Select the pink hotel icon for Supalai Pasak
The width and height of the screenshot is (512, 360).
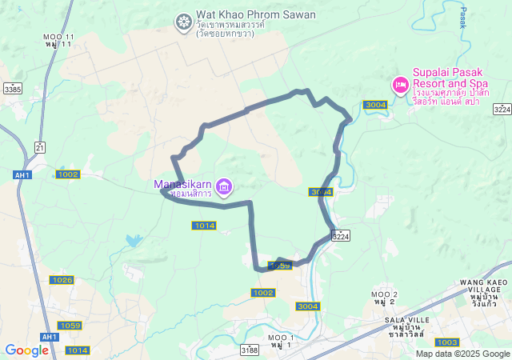click(x=399, y=84)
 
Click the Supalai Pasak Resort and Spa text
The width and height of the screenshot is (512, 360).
click(x=450, y=77)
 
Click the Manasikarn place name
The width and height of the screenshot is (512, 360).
click(x=183, y=185)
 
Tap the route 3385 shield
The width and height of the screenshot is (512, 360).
click(x=12, y=89)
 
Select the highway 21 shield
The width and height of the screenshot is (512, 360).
click(x=40, y=147)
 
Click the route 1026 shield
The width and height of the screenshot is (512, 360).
click(x=62, y=279)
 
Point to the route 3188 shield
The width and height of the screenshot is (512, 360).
click(x=250, y=350)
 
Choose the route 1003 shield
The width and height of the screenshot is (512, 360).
click(x=448, y=342)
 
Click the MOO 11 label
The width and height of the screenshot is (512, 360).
click(x=59, y=38)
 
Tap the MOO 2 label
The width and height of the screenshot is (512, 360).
click(x=385, y=294)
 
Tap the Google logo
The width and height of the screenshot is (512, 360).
click(x=26, y=350)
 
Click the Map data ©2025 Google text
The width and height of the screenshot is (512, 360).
click(x=462, y=354)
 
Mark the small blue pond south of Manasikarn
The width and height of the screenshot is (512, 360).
click(x=133, y=240)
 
